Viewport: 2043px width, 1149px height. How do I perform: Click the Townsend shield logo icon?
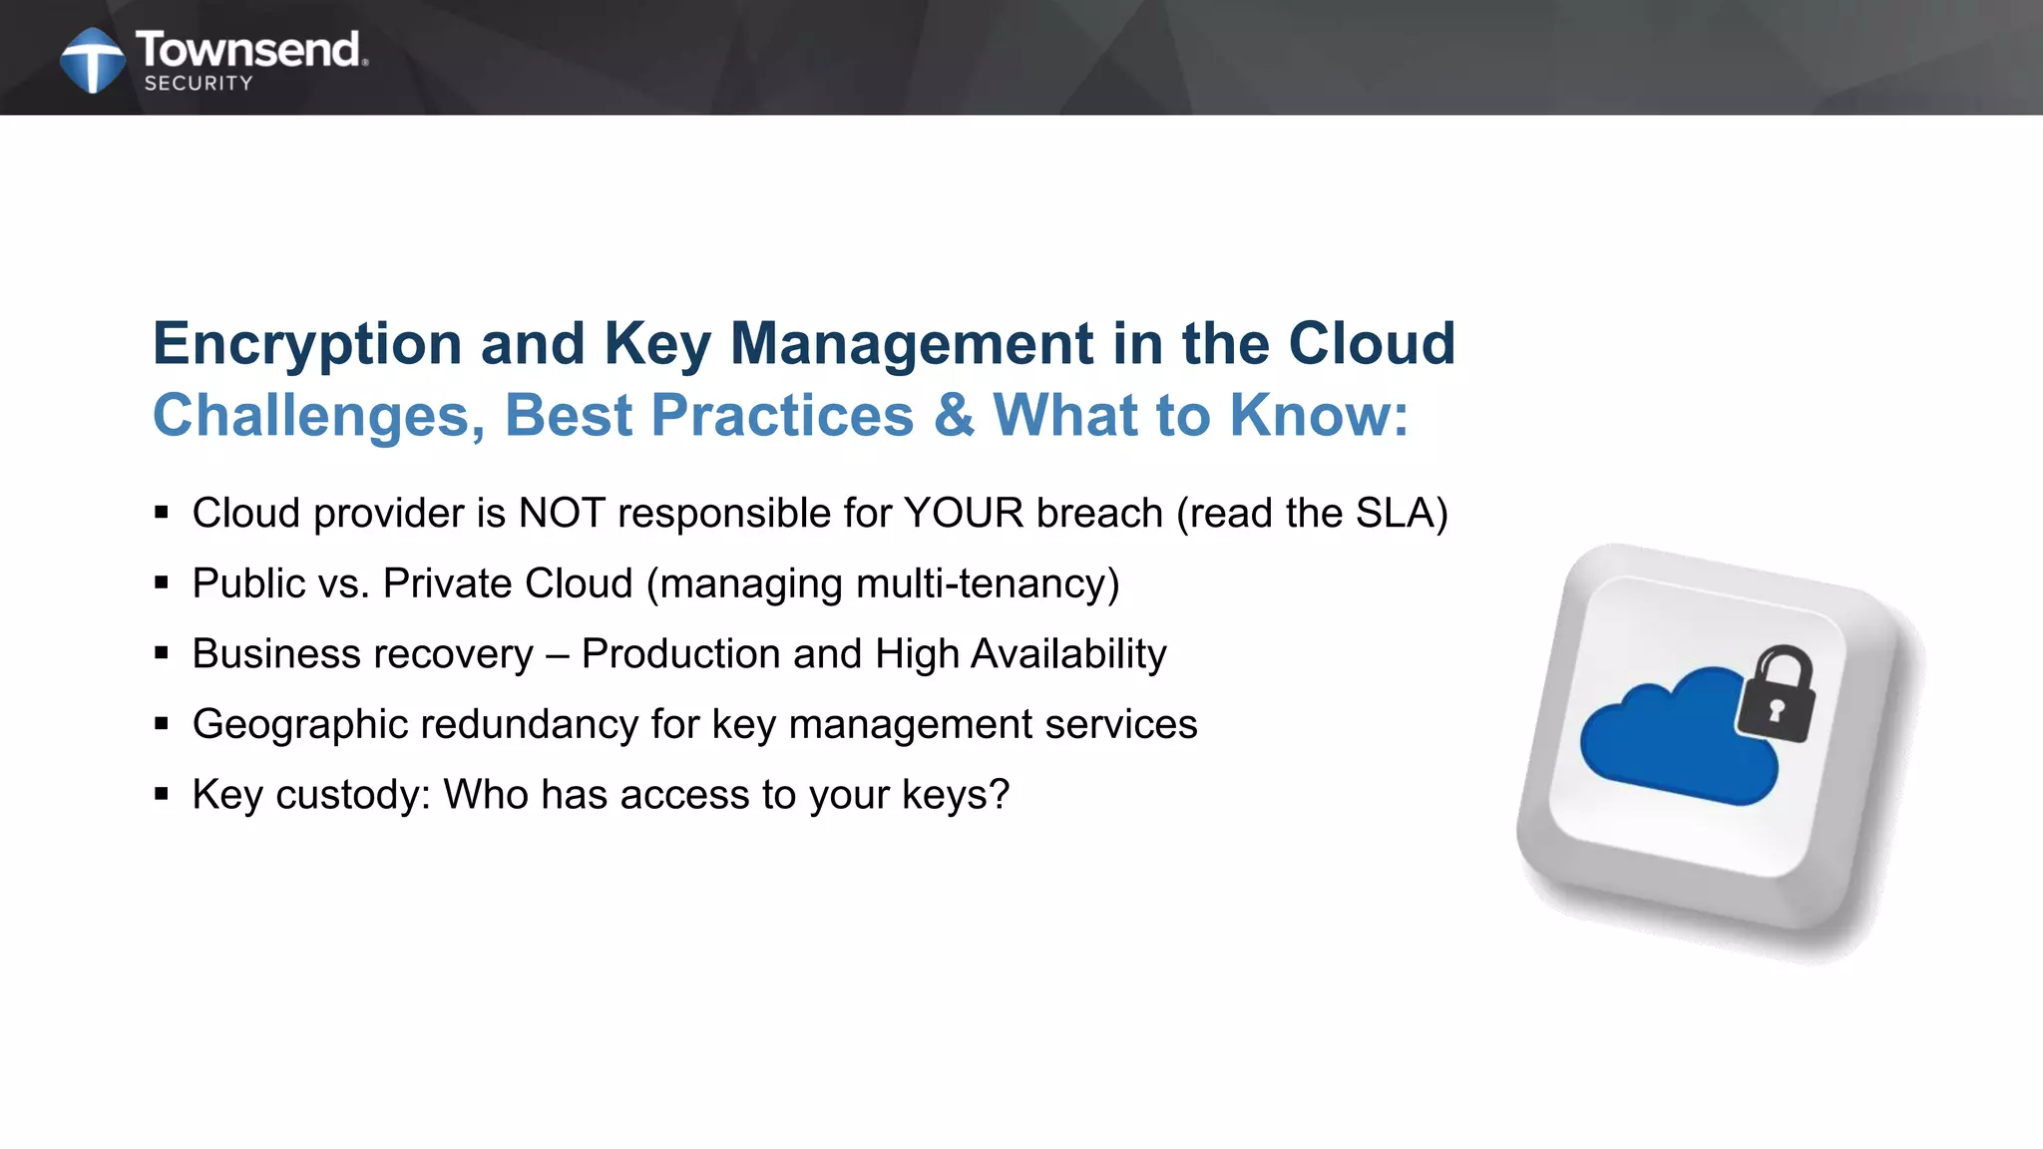pos(93,60)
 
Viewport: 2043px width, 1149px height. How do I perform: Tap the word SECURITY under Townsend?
pos(199,84)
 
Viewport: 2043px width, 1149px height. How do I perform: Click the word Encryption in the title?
pos(306,344)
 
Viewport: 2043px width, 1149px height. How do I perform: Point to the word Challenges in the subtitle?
pos(318,416)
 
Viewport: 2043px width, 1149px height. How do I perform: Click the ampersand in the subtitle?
pos(953,416)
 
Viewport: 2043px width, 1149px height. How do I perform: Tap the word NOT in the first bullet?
pos(562,514)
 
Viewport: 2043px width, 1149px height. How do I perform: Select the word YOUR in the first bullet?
pos(964,514)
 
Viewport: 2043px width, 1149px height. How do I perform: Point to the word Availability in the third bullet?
pos(1068,654)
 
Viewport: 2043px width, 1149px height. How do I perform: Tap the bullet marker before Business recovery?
pos(162,654)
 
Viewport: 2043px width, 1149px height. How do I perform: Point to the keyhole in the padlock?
pos(1776,710)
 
